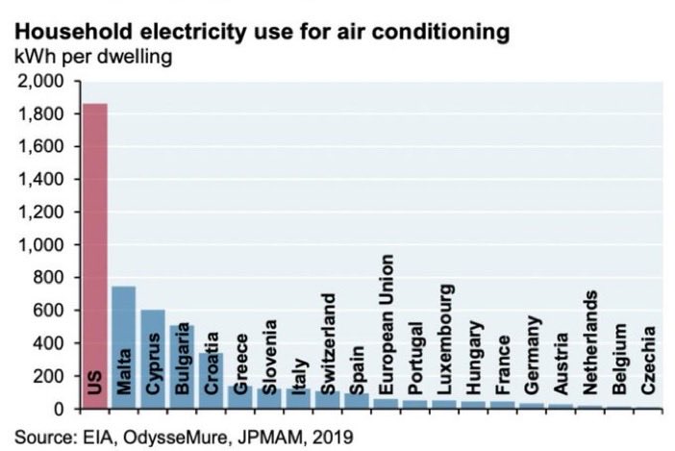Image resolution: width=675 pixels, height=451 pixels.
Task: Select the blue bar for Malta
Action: (x=123, y=347)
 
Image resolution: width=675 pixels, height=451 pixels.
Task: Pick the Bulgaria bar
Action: (x=182, y=366)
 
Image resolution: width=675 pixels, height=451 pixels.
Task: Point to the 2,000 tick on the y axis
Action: (x=41, y=82)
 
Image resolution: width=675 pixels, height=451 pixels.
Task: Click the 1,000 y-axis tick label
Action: (x=41, y=245)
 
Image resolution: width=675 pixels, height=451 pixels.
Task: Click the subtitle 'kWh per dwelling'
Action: (x=92, y=58)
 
